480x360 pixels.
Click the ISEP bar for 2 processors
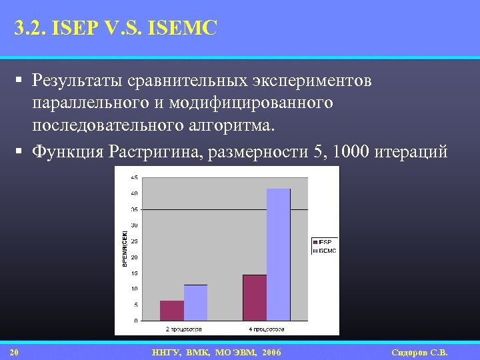point(172,311)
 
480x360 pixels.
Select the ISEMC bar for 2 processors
point(195,303)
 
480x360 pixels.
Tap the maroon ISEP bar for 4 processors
point(255,297)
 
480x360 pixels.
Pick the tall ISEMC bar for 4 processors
point(278,254)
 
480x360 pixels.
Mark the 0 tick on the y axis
point(136,321)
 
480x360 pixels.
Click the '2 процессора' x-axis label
point(183,329)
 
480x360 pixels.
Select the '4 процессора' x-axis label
point(266,329)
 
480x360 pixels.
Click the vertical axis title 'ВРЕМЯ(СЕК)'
point(124,249)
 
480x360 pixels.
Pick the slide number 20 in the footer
point(15,352)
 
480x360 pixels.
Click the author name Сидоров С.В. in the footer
point(419,352)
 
